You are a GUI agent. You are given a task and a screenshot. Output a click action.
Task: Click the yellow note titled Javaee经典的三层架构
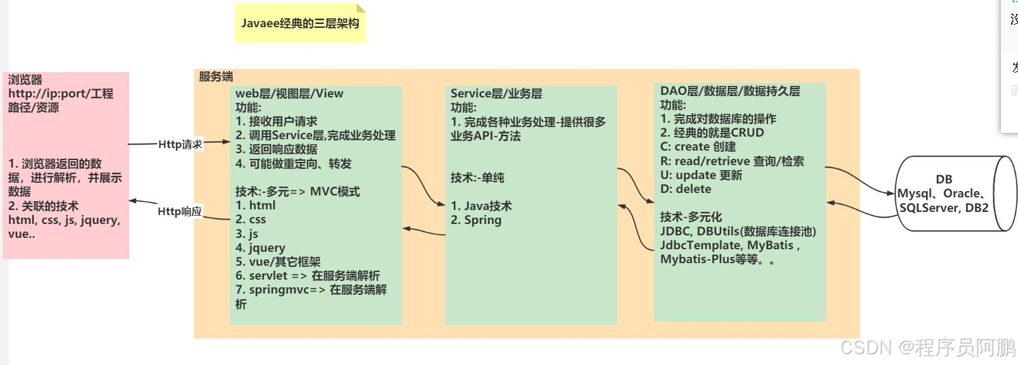pos(300,23)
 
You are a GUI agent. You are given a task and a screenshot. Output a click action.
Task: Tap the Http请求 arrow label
pos(180,144)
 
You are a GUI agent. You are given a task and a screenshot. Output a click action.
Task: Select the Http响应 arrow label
pos(180,211)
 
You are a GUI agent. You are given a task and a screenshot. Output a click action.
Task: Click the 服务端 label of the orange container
pos(216,77)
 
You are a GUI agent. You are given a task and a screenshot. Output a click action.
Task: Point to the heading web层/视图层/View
pos(289,94)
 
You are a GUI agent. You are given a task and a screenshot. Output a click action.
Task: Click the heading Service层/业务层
pos(496,94)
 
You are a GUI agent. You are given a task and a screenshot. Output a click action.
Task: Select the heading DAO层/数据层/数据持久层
pos(730,91)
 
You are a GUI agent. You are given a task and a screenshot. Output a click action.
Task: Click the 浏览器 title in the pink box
pos(25,80)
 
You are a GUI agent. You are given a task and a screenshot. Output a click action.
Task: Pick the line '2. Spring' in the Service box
pos(476,220)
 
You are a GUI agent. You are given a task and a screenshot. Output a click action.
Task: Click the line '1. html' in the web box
pos(256,206)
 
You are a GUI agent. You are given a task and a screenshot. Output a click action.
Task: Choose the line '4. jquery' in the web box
pos(260,248)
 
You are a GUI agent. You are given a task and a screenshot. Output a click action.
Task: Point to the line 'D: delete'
pos(686,189)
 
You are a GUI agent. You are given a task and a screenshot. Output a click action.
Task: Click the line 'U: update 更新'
pos(701,175)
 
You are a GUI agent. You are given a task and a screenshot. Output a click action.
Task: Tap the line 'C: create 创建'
pos(698,147)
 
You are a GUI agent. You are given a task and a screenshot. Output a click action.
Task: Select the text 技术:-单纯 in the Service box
pos(477,178)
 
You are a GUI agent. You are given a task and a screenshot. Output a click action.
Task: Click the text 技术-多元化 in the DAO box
pos(691,217)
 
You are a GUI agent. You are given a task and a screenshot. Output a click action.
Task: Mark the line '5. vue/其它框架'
pos(278,262)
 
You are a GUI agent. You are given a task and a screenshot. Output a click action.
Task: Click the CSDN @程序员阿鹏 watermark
pos(927,347)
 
